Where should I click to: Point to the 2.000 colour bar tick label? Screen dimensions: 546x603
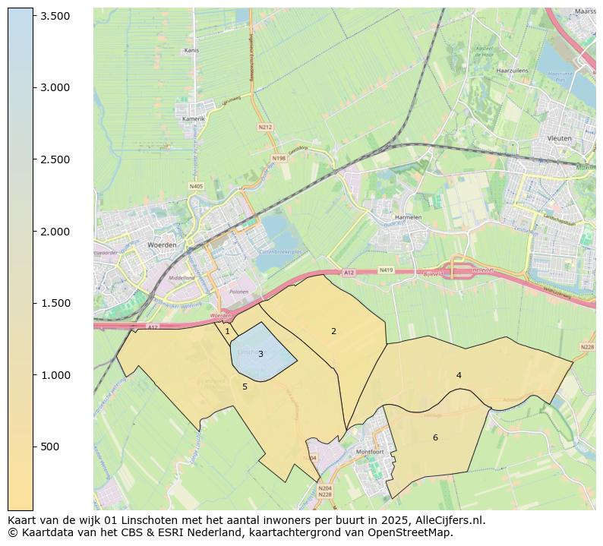point(55,232)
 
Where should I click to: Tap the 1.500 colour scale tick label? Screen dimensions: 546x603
point(55,303)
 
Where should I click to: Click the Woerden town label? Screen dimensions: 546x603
point(161,245)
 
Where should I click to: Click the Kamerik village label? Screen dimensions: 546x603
point(194,119)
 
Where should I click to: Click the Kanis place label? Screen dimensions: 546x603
point(191,51)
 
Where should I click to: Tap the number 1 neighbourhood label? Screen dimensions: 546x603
point(227,332)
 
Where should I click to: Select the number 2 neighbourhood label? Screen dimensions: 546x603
point(333,331)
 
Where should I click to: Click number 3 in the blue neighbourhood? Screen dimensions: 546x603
point(260,354)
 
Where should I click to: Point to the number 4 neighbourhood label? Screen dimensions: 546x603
point(459,375)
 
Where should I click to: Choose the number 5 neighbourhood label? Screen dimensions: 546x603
point(245,387)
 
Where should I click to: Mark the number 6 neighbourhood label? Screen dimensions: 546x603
point(435,437)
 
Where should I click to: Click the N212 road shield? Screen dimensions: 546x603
point(265,128)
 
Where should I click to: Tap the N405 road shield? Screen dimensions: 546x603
point(196,186)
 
